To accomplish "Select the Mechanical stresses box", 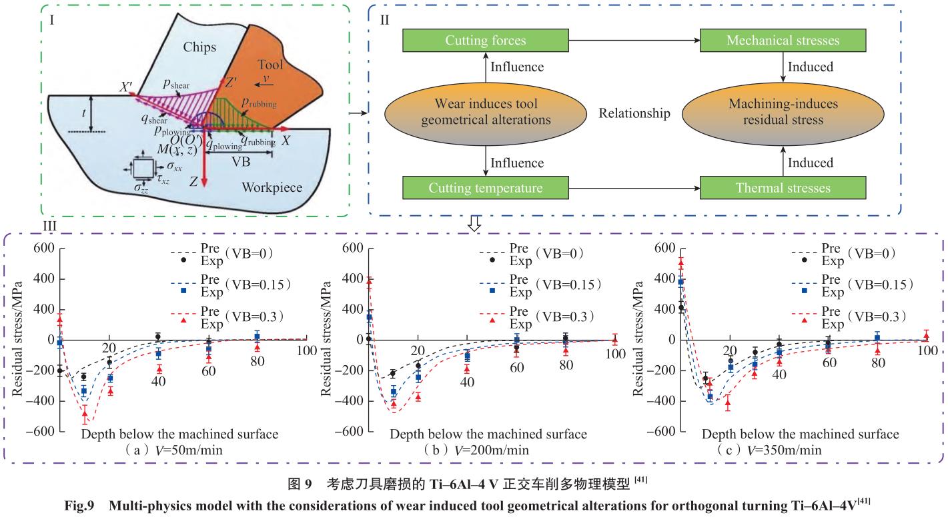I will (x=783, y=41).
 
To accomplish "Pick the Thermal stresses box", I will (x=783, y=187).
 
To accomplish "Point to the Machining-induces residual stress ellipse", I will (x=783, y=113).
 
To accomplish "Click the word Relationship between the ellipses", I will (x=634, y=113).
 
